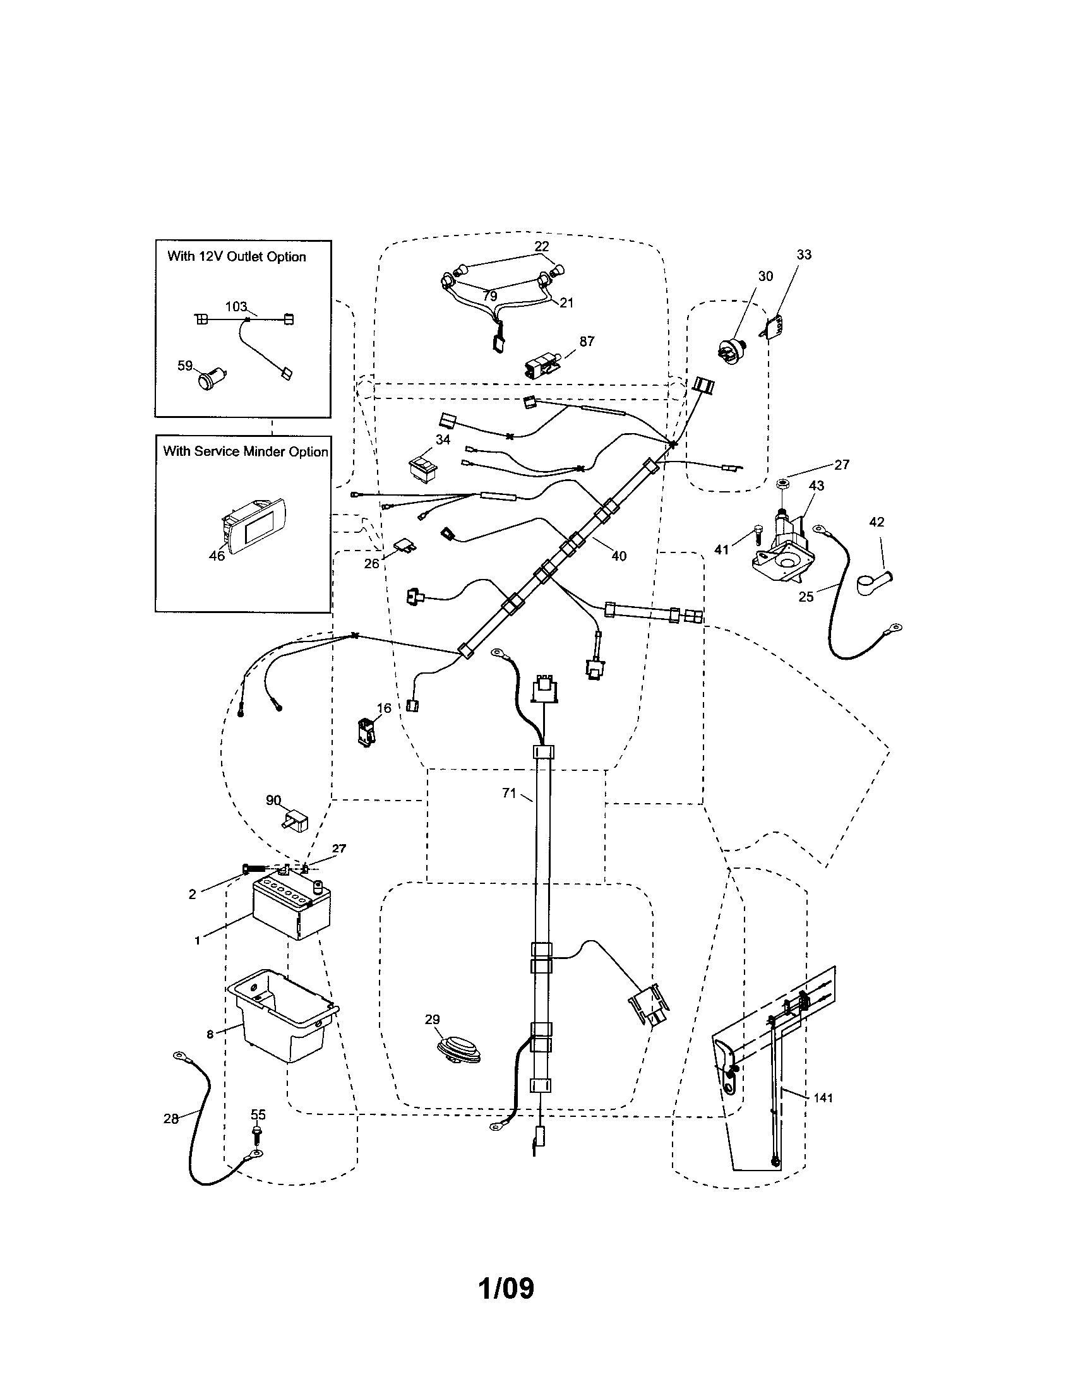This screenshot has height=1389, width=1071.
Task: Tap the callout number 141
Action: tap(822, 1098)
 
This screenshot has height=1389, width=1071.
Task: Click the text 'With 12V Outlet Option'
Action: tap(237, 256)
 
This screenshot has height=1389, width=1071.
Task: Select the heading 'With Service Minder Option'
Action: tap(246, 451)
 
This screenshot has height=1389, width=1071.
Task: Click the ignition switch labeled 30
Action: tap(730, 350)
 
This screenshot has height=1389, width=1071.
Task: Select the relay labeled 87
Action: tap(540, 367)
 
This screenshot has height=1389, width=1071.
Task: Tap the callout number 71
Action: tap(509, 793)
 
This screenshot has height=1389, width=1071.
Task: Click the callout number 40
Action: tap(619, 556)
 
